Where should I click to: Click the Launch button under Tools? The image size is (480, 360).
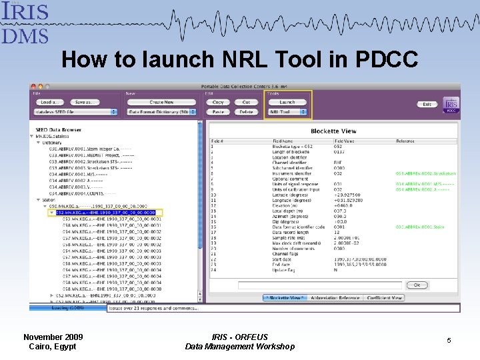click(287, 102)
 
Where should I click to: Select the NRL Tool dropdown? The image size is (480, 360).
click(287, 112)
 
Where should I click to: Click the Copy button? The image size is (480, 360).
click(218, 102)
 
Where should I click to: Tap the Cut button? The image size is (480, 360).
click(246, 102)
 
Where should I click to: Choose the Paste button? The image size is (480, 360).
click(218, 112)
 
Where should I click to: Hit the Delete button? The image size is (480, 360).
click(246, 112)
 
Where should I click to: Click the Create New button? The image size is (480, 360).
click(161, 102)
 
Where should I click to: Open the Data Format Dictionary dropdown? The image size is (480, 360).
click(161, 112)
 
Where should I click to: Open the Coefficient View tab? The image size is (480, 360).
click(385, 298)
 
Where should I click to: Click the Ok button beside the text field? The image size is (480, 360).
click(417, 285)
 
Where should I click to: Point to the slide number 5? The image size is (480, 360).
click(449, 341)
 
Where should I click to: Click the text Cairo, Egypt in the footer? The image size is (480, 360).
click(53, 346)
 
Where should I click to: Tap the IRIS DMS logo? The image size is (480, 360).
click(25, 22)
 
